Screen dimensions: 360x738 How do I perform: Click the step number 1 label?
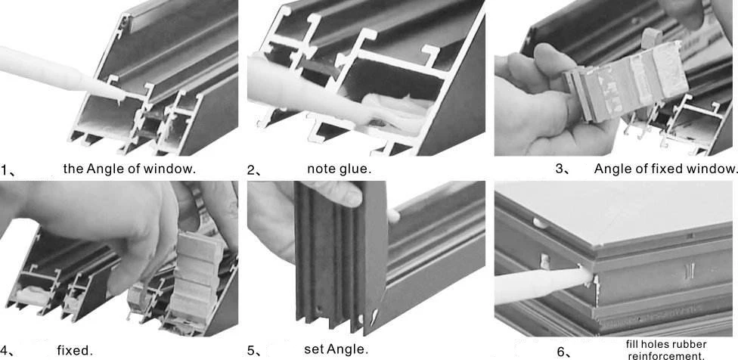pos(6,169)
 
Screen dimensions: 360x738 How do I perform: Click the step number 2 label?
pos(253,169)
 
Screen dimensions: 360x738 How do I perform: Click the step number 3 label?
pos(561,169)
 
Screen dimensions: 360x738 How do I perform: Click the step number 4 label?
pos(6,351)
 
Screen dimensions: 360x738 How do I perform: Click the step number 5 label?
pos(253,351)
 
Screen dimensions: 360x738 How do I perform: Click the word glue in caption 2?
pos(356,169)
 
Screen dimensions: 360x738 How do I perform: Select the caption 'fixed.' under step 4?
pos(75,350)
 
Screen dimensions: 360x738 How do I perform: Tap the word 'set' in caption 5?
pos(313,349)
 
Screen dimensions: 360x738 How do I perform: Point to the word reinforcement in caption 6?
pos(665,355)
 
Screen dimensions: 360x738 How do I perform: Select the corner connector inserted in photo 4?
pos(195,280)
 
